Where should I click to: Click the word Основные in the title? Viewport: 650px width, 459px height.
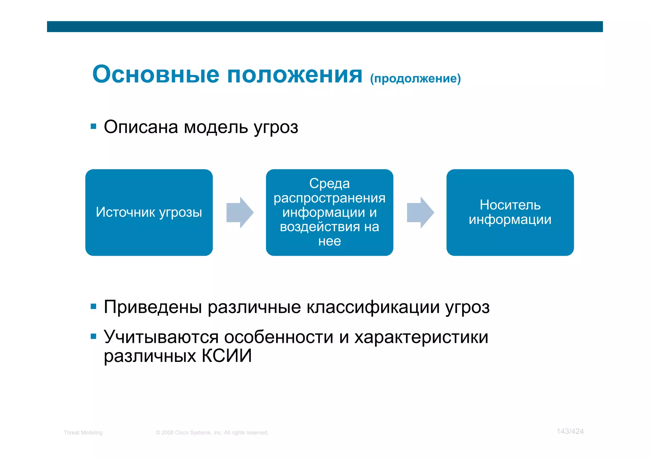click(x=156, y=75)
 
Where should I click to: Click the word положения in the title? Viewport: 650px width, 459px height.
click(x=295, y=75)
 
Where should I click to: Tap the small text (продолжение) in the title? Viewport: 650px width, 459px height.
click(x=415, y=78)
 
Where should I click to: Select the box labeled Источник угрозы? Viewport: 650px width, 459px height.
click(x=149, y=212)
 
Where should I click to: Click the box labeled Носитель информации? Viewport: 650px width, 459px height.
click(x=510, y=212)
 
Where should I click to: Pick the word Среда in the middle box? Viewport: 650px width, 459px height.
click(x=329, y=183)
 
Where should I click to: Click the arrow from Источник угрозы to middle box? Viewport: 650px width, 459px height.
click(x=240, y=213)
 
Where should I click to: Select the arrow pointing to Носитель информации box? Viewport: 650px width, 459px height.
click(x=420, y=213)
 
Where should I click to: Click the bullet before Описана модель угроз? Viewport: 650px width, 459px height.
click(x=93, y=127)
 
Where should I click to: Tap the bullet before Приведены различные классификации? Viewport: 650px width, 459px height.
click(x=93, y=306)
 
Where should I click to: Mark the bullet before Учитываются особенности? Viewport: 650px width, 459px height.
click(x=93, y=336)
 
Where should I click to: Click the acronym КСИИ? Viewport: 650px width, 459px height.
click(x=227, y=356)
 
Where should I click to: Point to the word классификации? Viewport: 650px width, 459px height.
click(x=373, y=307)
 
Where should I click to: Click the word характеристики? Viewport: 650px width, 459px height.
click(x=421, y=337)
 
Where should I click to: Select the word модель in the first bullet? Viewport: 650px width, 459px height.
click(x=216, y=128)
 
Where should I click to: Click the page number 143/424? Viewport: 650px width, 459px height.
click(x=570, y=431)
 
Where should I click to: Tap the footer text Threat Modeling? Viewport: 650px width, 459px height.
click(x=83, y=433)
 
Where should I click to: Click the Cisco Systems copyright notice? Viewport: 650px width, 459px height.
click(x=212, y=433)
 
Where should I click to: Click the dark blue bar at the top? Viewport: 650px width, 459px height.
click(x=325, y=27)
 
